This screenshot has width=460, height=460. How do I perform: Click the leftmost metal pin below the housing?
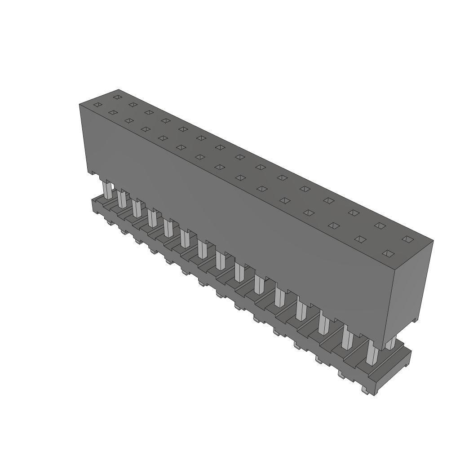(x=107, y=190)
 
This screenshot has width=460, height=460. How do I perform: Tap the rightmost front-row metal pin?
(x=372, y=354)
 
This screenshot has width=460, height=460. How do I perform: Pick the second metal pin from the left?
(x=122, y=199)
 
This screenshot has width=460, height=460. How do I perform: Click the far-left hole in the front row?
(x=97, y=105)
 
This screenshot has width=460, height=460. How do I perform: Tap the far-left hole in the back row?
(x=117, y=97)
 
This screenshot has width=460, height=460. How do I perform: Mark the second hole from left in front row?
(x=113, y=112)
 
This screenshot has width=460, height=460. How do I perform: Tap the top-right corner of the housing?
(x=433, y=241)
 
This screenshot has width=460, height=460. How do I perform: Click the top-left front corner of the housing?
(x=80, y=104)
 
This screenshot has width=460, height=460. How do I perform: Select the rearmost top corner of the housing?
(x=119, y=89)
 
